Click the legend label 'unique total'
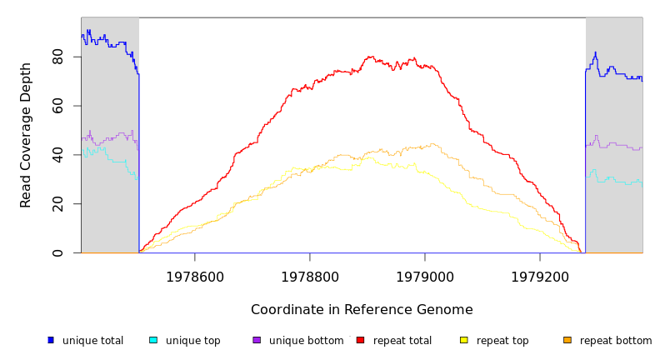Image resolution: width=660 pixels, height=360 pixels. (92, 341)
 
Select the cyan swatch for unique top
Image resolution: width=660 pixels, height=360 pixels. (153, 340)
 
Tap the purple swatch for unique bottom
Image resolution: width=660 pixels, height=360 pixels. (257, 340)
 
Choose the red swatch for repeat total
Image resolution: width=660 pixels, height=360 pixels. (360, 340)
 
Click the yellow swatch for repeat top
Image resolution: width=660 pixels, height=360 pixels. (464, 340)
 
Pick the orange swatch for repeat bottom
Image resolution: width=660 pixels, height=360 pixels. (567, 340)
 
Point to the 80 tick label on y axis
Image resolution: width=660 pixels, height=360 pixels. (57, 57)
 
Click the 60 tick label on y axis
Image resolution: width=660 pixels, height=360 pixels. (57, 106)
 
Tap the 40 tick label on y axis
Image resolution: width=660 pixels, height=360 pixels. (57, 155)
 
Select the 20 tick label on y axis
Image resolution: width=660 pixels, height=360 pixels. (57, 204)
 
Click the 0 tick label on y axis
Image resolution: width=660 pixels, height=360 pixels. (57, 252)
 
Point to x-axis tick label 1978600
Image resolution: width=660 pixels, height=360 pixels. (195, 277)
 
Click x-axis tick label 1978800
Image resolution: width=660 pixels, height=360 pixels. (310, 277)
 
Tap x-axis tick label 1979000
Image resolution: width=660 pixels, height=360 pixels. (425, 277)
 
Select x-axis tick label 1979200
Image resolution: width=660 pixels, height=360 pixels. (540, 277)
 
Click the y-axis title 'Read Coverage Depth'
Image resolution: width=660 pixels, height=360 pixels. (27, 135)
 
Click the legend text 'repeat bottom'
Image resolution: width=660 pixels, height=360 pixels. (616, 341)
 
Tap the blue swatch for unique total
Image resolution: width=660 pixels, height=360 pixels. (51, 340)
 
